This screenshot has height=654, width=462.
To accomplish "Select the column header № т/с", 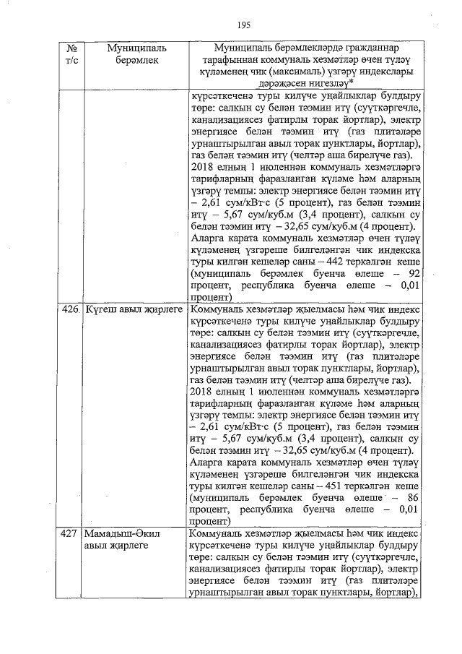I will (71, 55).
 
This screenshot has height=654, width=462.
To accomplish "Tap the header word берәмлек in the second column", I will (136, 61).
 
